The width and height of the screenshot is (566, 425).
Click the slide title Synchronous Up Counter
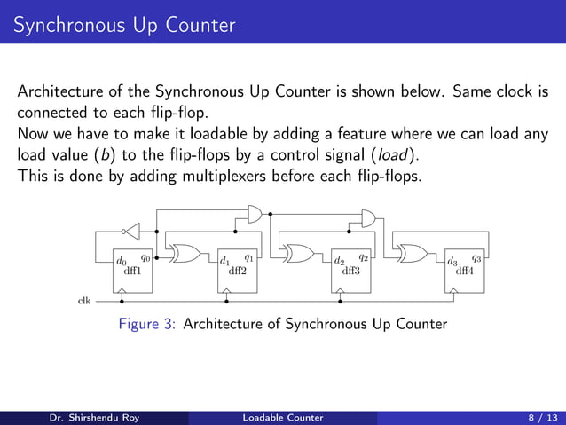124,25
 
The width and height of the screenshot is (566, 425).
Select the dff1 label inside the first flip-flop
132,271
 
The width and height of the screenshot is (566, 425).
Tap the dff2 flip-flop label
238,272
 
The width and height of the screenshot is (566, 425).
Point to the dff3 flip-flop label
351,272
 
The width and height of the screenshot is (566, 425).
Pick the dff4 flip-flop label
465,272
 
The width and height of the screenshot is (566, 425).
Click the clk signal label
84,301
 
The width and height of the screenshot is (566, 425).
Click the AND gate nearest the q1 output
254,215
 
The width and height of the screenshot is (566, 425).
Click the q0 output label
145,257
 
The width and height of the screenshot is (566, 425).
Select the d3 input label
452,262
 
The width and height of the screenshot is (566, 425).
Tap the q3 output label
476,258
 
